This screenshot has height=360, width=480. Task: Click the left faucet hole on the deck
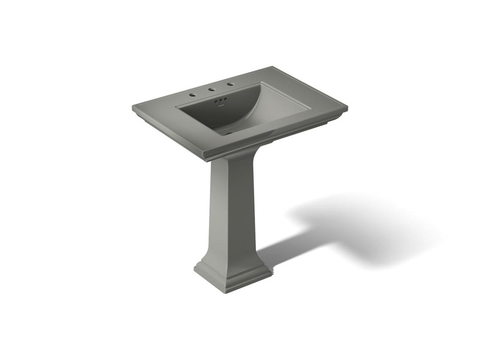[x=192, y=95]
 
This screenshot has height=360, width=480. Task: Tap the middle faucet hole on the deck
[x=212, y=89]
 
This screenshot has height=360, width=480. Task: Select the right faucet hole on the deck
[x=230, y=84]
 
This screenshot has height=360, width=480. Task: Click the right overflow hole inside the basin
[x=225, y=99]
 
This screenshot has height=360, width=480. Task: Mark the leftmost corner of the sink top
[x=132, y=107]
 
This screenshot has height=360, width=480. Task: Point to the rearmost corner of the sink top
[x=272, y=68]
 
